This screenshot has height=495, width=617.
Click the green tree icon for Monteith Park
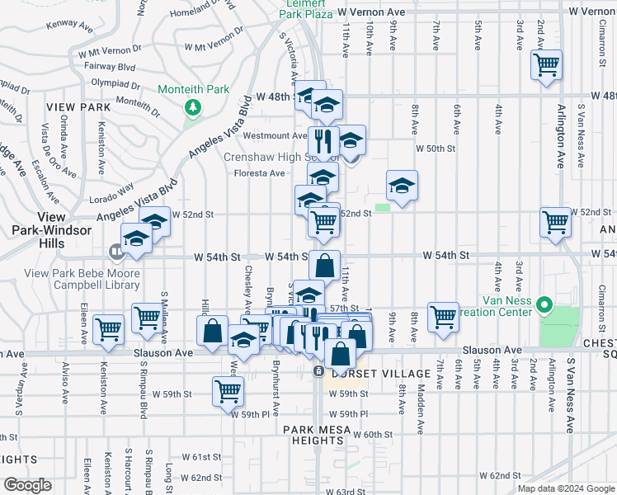[x=193, y=107]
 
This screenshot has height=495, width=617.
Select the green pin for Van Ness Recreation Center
[x=544, y=306]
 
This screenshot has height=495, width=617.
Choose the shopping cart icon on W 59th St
[x=228, y=390]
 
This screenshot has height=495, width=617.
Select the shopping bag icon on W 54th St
[x=325, y=266]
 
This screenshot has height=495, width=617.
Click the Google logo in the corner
[x=27, y=485]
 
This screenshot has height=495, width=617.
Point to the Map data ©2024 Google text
[x=565, y=488]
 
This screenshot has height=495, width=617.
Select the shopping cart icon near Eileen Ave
[x=109, y=328]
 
